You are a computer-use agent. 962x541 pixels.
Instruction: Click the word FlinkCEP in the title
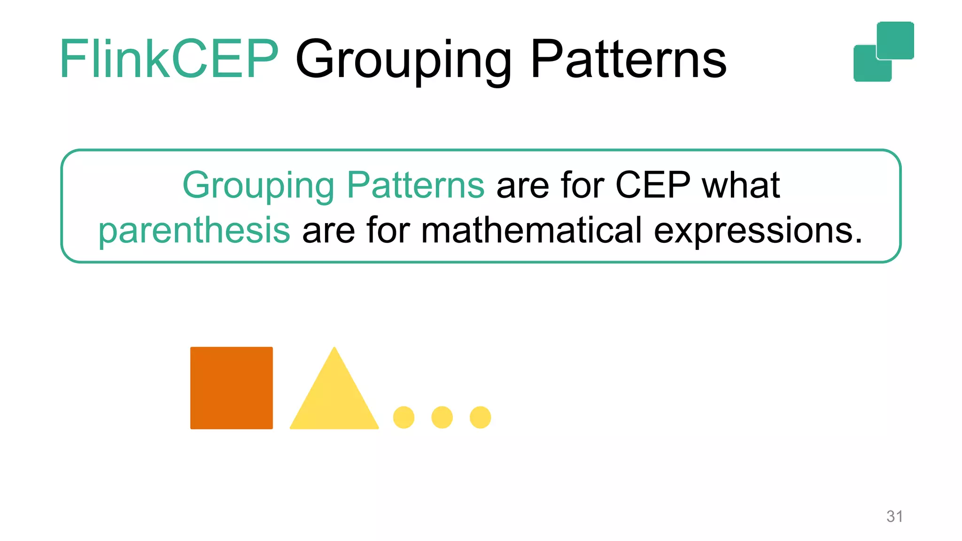tap(169, 60)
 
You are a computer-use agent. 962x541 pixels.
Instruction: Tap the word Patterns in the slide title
tap(628, 60)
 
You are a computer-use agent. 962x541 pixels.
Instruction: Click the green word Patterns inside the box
tap(415, 185)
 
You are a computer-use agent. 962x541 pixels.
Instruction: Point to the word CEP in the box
tap(652, 185)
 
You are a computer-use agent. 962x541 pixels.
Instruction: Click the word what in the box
tap(741, 185)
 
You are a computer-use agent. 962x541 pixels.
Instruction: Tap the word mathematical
tap(531, 230)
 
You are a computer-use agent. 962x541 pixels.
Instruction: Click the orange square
tap(231, 388)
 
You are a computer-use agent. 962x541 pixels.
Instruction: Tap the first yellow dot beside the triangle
tap(403, 417)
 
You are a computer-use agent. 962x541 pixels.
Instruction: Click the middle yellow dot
tap(442, 417)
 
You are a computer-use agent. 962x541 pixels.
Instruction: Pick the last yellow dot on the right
tap(480, 417)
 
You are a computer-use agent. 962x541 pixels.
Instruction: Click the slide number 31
tap(894, 516)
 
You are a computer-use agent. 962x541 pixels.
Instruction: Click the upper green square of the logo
tap(895, 40)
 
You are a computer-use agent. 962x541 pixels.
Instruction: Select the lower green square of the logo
tap(867, 68)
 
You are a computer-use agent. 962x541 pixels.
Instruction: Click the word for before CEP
tap(582, 185)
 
